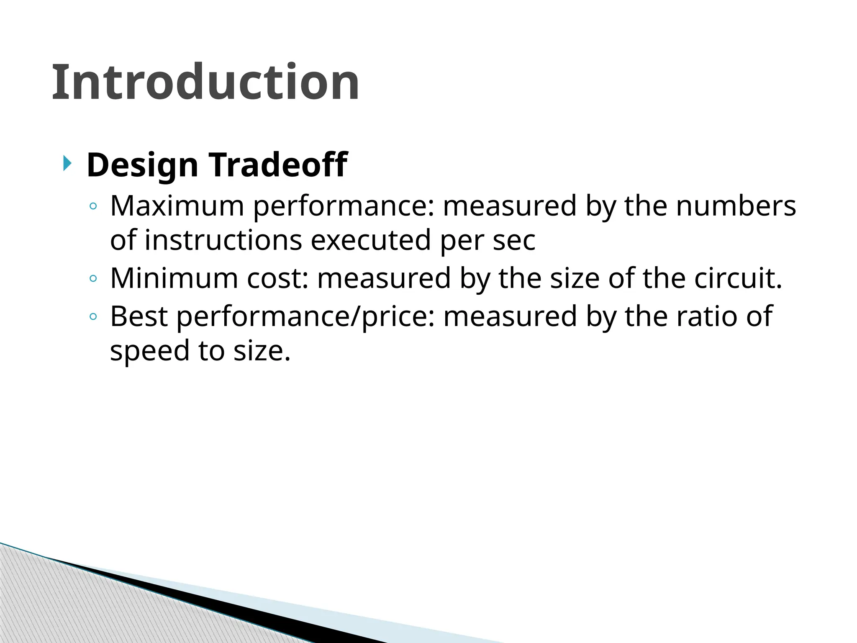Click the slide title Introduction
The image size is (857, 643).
tap(205, 82)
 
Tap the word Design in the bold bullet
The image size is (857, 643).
tap(142, 165)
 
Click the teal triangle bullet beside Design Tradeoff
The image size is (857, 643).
tap(67, 163)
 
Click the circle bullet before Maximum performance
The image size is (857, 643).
tap(93, 206)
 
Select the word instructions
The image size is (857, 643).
tap(223, 240)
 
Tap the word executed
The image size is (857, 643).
tap(371, 240)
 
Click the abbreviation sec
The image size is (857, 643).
tap(514, 241)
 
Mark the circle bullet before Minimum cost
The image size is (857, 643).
tap(93, 278)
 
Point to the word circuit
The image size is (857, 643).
tap(738, 278)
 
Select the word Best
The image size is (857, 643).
tap(139, 316)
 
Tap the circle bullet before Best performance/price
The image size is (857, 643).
tap(93, 316)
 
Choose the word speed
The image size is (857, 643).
tap(149, 351)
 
